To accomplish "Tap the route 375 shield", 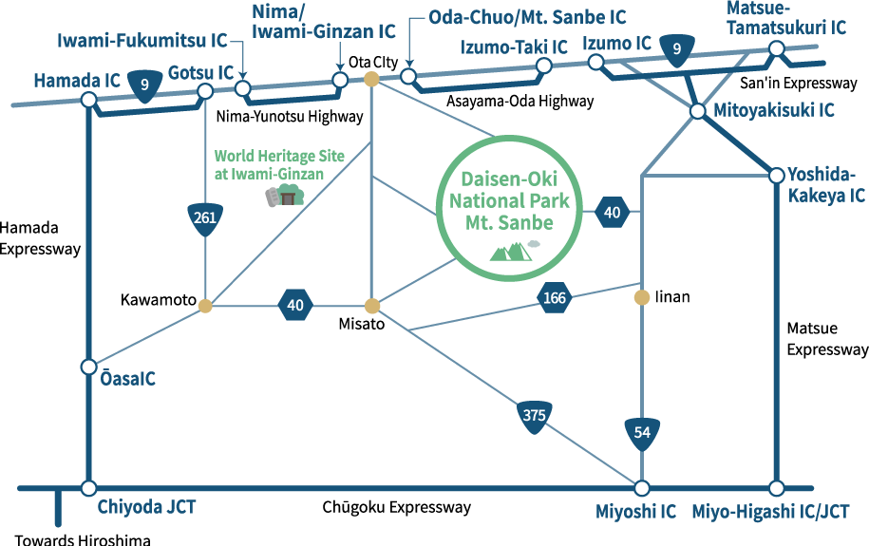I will [x=534, y=415].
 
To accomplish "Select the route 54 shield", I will [x=642, y=433].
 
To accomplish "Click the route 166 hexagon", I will [x=555, y=298].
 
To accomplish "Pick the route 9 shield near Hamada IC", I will [x=144, y=85].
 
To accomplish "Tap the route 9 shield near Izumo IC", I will [x=676, y=49].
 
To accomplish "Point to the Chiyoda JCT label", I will [x=147, y=508].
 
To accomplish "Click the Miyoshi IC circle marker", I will [x=642, y=488].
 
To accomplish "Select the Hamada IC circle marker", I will [x=88, y=100].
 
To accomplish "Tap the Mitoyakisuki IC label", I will [x=775, y=110].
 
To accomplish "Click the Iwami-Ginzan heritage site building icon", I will [x=284, y=196].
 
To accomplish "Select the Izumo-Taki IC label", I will [x=514, y=47].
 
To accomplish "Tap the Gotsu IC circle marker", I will [x=205, y=92].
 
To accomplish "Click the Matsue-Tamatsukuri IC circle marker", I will [x=777, y=48].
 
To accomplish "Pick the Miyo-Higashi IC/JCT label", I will [x=771, y=511].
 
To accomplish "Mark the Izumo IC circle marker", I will [x=595, y=63].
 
